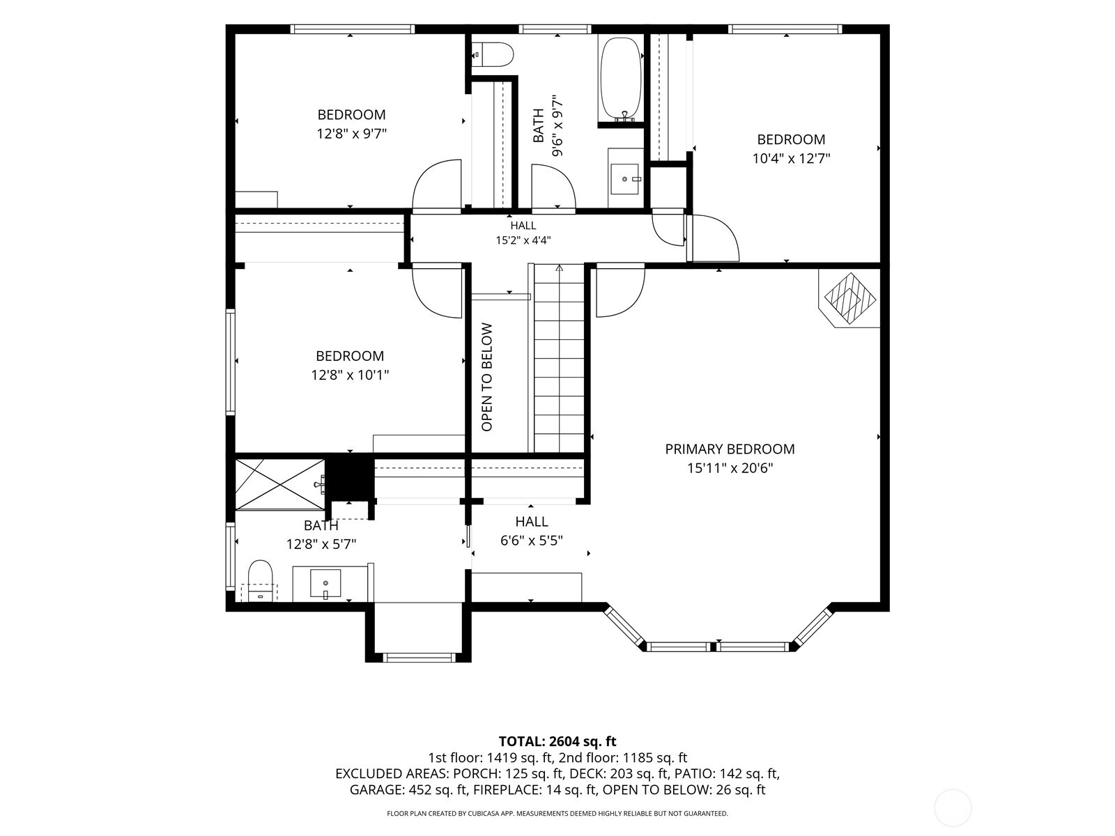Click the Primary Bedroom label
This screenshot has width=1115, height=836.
pyautogui.click(x=730, y=449)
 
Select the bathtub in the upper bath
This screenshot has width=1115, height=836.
pyautogui.click(x=621, y=79)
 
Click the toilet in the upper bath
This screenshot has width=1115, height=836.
pyautogui.click(x=493, y=54)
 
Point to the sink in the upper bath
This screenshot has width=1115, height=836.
pyautogui.click(x=625, y=178)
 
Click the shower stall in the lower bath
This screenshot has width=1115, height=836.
pyautogui.click(x=280, y=483)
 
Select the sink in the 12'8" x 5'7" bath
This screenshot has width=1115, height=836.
pyautogui.click(x=325, y=584)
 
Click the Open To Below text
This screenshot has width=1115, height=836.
pyautogui.click(x=486, y=377)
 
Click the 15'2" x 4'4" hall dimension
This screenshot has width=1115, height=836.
pyautogui.click(x=523, y=240)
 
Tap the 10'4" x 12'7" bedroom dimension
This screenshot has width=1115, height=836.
pyautogui.click(x=791, y=159)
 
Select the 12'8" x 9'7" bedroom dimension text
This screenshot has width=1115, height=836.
pyautogui.click(x=351, y=134)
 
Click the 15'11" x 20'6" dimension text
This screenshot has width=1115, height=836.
pyautogui.click(x=730, y=468)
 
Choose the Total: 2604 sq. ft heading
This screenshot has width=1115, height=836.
pyautogui.click(x=557, y=741)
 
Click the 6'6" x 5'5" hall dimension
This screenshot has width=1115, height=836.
pyautogui.click(x=531, y=541)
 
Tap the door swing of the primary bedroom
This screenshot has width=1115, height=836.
pyautogui.click(x=620, y=290)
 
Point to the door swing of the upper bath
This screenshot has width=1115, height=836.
pyautogui.click(x=553, y=186)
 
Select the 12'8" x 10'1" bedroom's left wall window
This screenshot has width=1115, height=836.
pyautogui.click(x=231, y=362)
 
